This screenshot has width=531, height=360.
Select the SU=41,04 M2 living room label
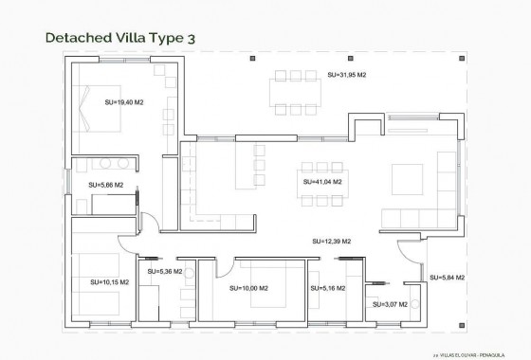click(321, 181)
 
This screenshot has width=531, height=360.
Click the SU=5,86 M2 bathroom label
click(106, 186)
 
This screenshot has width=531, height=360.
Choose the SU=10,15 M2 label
click(110, 281)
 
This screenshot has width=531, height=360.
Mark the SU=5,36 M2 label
click(165, 272)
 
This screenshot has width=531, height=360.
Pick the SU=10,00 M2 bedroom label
click(248, 288)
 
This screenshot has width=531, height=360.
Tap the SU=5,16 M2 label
click(327, 288)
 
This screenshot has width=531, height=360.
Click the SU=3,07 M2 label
click(390, 304)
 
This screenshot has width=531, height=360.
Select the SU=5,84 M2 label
click(447, 278)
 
